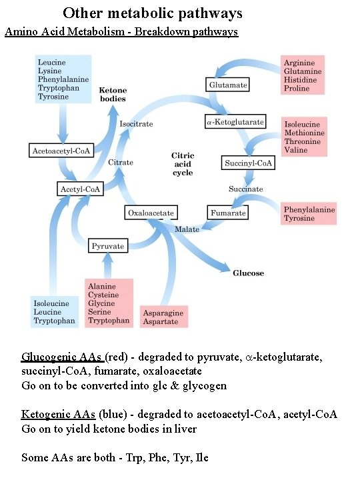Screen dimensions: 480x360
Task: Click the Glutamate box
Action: (228, 85)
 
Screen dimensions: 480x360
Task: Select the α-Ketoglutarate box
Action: (235, 121)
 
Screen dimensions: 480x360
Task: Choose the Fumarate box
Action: (228, 213)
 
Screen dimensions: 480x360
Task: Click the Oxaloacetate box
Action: (152, 213)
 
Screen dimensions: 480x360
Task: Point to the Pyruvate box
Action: (108, 246)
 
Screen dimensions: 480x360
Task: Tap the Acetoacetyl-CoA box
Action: (61, 151)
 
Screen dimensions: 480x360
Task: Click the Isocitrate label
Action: (136, 124)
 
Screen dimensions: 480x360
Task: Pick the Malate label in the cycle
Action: (187, 229)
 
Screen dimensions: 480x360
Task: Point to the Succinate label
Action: (246, 189)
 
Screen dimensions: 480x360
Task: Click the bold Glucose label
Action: (248, 273)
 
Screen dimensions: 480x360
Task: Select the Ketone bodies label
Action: (113, 94)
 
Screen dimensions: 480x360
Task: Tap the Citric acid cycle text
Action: (182, 164)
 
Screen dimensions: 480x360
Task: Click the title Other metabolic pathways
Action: (153, 13)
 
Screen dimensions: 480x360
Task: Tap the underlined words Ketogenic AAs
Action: (59, 415)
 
